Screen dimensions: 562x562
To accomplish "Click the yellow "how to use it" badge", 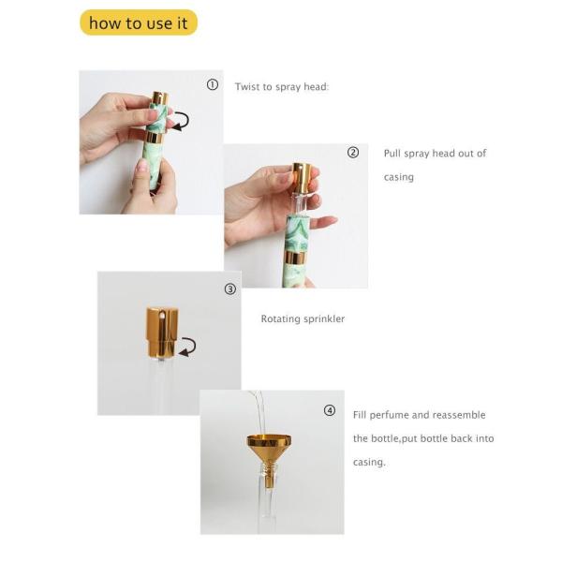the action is pos(139,22).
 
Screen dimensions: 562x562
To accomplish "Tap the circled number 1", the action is pos(213,84).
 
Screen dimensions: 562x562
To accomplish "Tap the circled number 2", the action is pos(353,153).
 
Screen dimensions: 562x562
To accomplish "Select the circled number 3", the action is pos(230,288).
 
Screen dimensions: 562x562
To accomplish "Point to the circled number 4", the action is pos(330,410).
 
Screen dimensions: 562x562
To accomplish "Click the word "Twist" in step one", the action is pos(247,87).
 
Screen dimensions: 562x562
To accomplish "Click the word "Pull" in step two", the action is pos(392,154).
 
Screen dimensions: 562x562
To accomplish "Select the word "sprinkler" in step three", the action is pos(324,319).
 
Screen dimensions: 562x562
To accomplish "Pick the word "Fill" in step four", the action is pos(360,415).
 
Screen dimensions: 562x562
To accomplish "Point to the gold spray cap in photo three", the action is pos(161,333).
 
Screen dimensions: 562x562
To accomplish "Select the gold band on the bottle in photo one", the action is pos(155,138).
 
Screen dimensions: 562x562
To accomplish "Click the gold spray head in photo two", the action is pos(302,177).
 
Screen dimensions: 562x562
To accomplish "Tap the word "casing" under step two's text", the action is pos(399,177).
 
